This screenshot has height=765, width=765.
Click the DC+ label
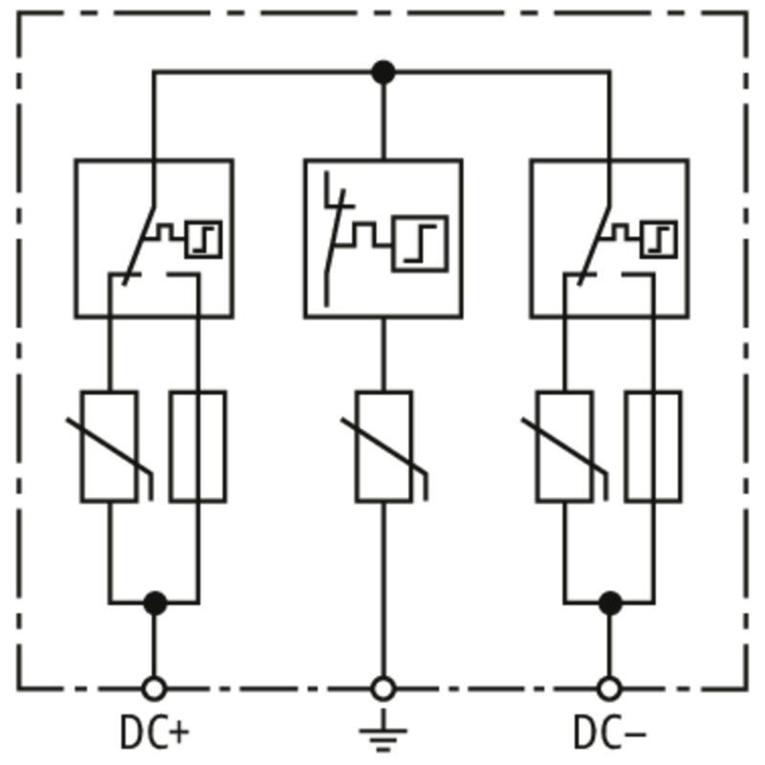[154, 732]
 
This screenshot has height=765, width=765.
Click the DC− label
[610, 732]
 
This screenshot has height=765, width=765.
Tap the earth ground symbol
[383, 730]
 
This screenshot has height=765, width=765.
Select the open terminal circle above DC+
[154, 688]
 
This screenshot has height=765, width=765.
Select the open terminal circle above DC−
[610, 688]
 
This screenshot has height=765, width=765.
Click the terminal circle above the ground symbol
[383, 688]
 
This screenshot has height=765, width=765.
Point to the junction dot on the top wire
[383, 73]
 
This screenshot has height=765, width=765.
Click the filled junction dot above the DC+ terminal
[155, 603]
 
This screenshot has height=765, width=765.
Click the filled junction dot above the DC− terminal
[610, 603]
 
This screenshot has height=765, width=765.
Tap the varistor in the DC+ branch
[109, 447]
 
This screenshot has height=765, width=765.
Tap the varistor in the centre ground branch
[384, 447]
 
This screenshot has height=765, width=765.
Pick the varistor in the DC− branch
[565, 447]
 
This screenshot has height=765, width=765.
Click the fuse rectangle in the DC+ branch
[198, 447]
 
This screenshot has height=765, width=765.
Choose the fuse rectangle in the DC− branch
[654, 447]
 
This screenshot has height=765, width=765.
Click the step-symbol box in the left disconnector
[204, 239]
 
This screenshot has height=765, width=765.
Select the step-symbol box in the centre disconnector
[420, 244]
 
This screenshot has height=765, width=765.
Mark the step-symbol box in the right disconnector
[659, 239]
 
